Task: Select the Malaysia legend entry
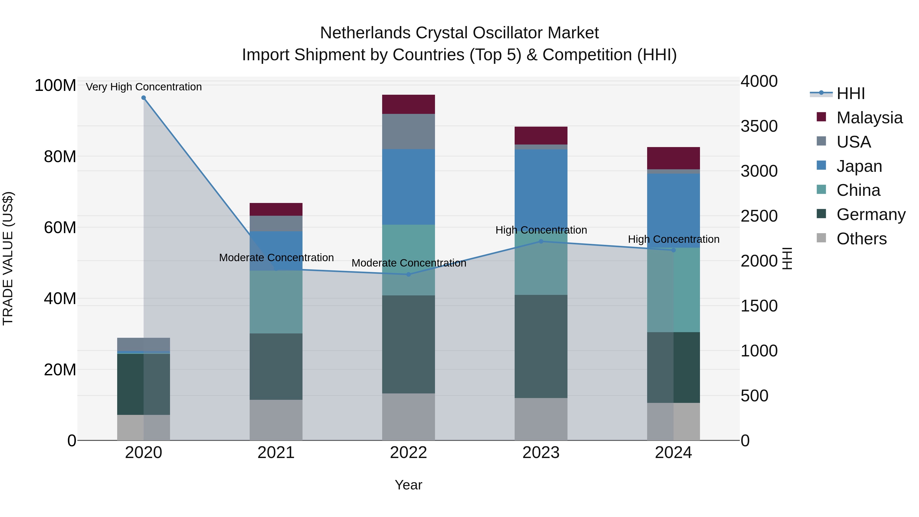point(869,118)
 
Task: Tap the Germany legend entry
point(870,214)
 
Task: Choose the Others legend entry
point(861,239)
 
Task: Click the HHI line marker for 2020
point(143,98)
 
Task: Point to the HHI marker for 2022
point(408,274)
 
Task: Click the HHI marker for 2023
point(541,242)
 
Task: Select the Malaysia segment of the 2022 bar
point(408,104)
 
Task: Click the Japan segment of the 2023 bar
point(541,186)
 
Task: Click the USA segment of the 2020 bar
point(143,344)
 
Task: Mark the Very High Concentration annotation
point(144,87)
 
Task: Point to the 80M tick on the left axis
point(59,157)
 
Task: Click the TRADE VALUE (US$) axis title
point(8,258)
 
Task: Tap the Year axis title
point(408,485)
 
